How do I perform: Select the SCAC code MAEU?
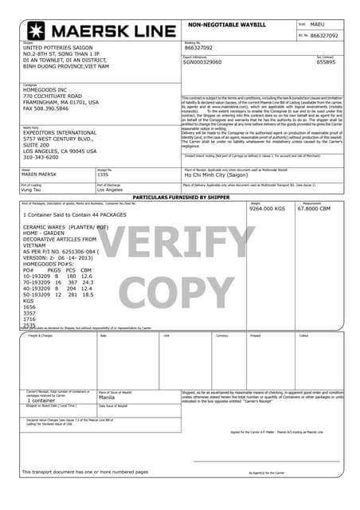coord(317,25)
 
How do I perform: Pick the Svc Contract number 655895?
coord(326,62)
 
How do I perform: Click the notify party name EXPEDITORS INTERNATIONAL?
coord(60,133)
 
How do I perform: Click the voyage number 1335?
coord(103,174)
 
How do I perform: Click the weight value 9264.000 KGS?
coord(267,209)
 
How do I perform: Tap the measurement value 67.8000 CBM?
coord(314,209)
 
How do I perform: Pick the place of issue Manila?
coord(109,396)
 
